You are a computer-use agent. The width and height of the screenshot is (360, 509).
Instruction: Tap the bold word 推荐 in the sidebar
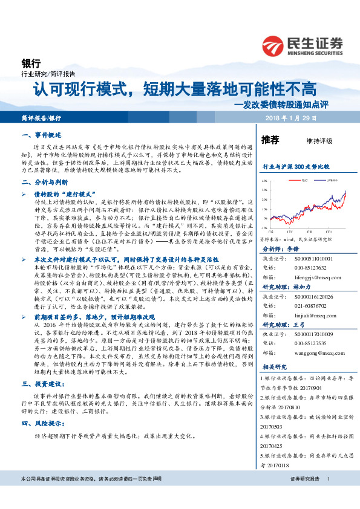(270, 140)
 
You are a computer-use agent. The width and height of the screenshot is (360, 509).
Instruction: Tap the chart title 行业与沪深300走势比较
(296, 166)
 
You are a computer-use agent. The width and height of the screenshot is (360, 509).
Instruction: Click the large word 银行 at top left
(31, 63)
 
